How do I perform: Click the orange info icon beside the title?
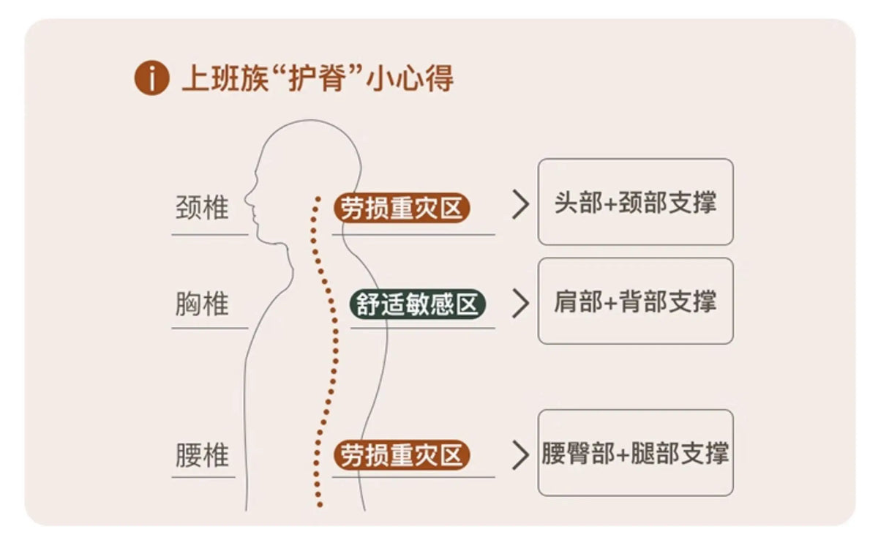coord(151,78)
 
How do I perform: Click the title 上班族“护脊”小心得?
coord(318,78)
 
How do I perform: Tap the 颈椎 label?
coord(202,207)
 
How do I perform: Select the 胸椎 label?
coord(202,304)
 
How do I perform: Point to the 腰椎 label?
coord(202,454)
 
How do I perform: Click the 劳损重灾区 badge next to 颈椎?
coord(402,208)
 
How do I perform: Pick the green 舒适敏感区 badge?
coord(418,304)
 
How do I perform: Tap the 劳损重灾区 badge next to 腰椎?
coord(402,454)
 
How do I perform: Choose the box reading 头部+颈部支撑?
coord(635,202)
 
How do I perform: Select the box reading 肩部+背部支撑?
coord(635,301)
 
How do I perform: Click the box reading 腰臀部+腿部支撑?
coord(635,453)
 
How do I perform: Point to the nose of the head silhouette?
coord(246,199)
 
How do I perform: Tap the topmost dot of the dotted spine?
coord(318,200)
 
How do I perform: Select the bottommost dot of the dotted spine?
coord(320,504)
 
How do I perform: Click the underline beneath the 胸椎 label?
coord(210,328)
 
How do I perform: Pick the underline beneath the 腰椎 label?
coord(203,478)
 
